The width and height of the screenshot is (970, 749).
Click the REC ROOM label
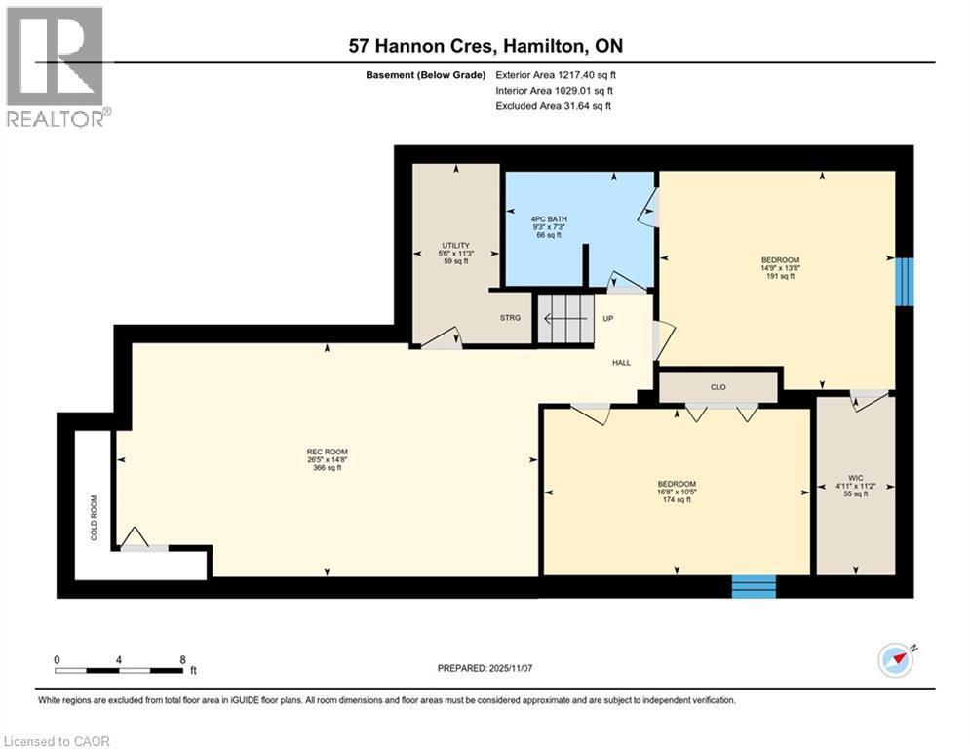(x=325, y=451)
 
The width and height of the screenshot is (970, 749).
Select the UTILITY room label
(x=455, y=245)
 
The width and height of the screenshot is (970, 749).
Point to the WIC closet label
(x=854, y=478)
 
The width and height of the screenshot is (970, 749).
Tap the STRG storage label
(x=510, y=317)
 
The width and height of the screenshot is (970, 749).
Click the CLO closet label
(x=718, y=387)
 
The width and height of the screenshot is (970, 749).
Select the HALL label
(x=621, y=363)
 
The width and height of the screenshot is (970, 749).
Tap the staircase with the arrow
(x=565, y=318)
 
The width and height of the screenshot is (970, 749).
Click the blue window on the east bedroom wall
(x=905, y=282)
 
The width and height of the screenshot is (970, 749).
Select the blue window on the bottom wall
(x=754, y=586)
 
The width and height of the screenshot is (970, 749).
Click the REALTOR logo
(x=57, y=65)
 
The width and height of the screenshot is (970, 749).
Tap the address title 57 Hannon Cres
(x=486, y=45)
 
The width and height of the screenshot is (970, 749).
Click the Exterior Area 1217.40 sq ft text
(x=556, y=74)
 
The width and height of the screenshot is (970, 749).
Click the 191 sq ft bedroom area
(x=780, y=276)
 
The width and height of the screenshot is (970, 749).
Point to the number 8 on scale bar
(x=182, y=659)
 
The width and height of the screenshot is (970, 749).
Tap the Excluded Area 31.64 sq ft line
(x=554, y=105)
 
